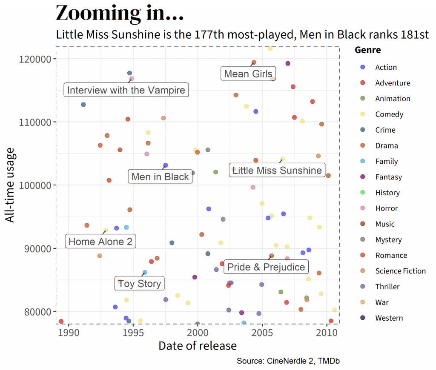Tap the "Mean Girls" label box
(248, 74)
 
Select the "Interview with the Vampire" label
(126, 90)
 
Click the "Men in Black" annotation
(160, 176)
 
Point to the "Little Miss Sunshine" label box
(277, 171)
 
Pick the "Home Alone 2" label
(100, 242)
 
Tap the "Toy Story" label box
(139, 283)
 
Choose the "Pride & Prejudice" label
(266, 267)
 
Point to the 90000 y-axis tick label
(38, 248)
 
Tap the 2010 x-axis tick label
(327, 332)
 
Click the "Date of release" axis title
(198, 346)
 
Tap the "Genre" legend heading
(368, 50)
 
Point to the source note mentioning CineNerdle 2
(288, 361)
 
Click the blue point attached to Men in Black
(166, 165)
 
